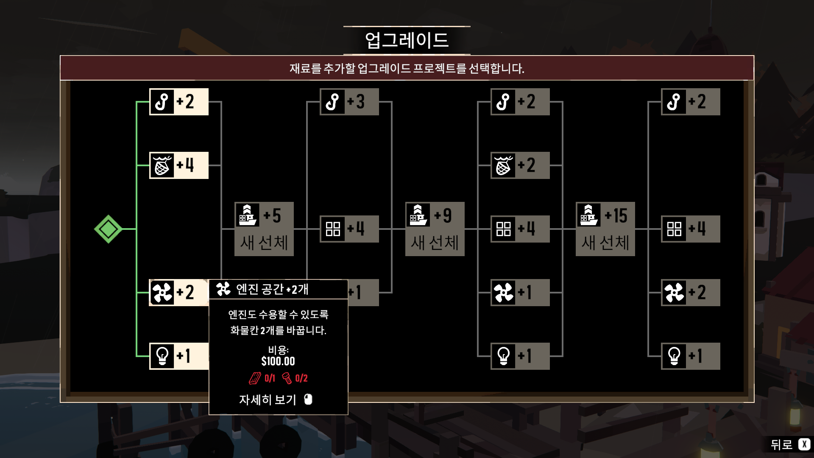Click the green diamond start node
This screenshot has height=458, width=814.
pyautogui.click(x=108, y=229)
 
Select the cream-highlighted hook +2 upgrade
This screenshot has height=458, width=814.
pyautogui.click(x=179, y=102)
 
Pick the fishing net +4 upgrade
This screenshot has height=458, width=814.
pyautogui.click(x=179, y=165)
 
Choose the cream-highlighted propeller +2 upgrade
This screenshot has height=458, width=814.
pyautogui.click(x=178, y=293)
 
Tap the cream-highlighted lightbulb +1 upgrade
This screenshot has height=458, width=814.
pyautogui.click(x=179, y=356)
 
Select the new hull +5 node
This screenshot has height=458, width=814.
pyautogui.click(x=264, y=229)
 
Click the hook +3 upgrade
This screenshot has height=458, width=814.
pyautogui.click(x=349, y=102)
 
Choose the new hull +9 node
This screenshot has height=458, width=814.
pyautogui.click(x=435, y=229)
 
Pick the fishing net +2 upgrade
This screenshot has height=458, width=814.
pyautogui.click(x=520, y=165)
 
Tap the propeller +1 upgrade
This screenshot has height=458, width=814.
pyautogui.click(x=520, y=293)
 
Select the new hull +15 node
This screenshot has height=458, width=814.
pyautogui.click(x=605, y=229)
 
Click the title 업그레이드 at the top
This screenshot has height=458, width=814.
pyautogui.click(x=407, y=40)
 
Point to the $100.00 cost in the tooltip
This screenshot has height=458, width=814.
pyautogui.click(x=278, y=361)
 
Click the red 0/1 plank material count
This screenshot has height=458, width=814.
pyautogui.click(x=270, y=378)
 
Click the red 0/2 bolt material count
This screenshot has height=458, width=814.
pyautogui.click(x=301, y=378)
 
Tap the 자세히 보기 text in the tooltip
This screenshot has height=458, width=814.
pyautogui.click(x=268, y=399)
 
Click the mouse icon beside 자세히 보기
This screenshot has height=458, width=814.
pyautogui.click(x=308, y=399)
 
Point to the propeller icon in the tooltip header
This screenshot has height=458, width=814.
pyautogui.click(x=223, y=289)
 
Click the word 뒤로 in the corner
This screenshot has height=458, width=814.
pyautogui.click(x=781, y=444)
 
